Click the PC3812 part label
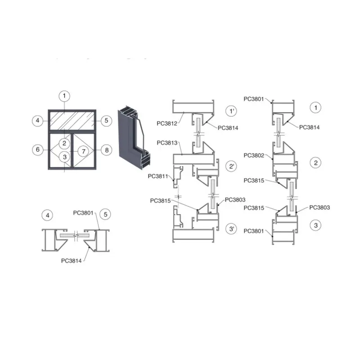[167, 123]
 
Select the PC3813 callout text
[167, 143]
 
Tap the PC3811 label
[158, 176]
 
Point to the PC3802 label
[254, 155]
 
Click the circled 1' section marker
[231, 111]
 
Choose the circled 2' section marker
[231, 166]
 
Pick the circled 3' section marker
[231, 229]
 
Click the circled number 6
[38, 150]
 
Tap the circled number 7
[84, 151]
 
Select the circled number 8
[107, 150]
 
